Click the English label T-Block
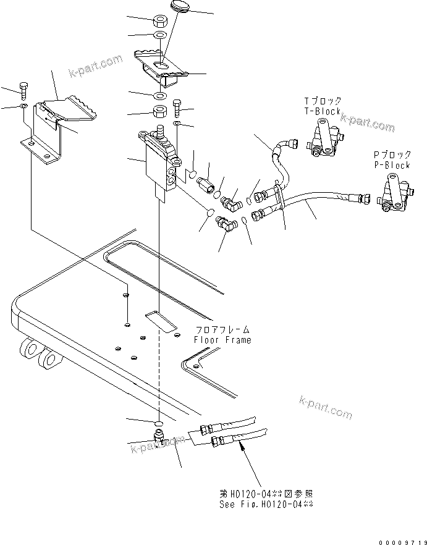(x=322, y=112)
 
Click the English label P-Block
(x=391, y=166)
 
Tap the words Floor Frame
(x=222, y=340)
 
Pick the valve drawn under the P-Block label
(x=393, y=195)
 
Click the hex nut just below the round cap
(x=159, y=21)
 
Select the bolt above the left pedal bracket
(x=23, y=90)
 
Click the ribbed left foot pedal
(x=68, y=109)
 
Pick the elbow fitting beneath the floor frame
(x=159, y=438)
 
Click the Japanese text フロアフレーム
(x=222, y=330)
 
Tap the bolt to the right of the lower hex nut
(x=177, y=109)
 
